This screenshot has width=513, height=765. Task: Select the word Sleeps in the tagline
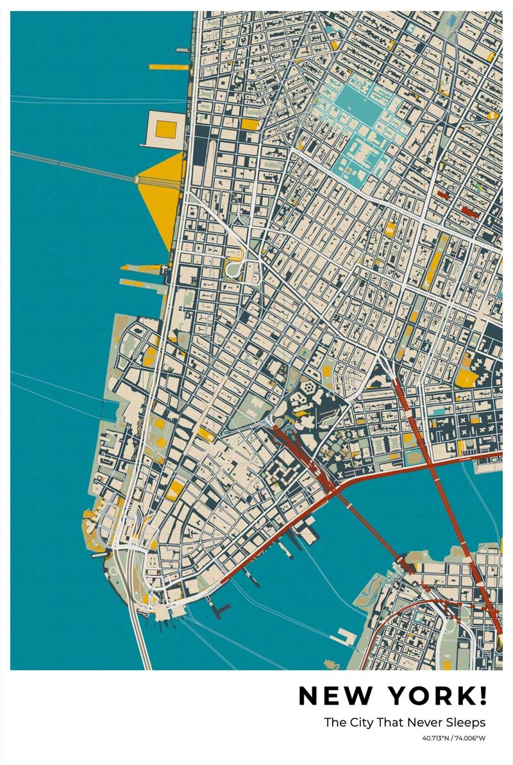click(468, 723)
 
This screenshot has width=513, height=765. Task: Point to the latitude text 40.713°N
click(435, 739)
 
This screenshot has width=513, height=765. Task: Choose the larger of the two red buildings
click(469, 212)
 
